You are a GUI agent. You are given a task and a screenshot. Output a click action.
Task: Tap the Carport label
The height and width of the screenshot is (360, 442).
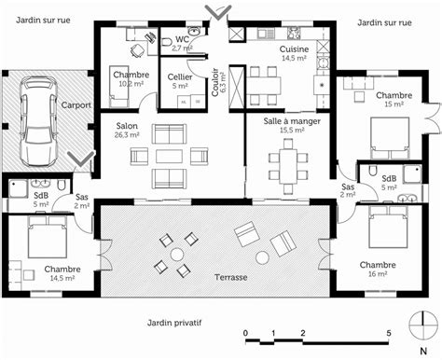coord(76,105)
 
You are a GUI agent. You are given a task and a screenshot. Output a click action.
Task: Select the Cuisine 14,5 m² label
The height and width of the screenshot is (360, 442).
coord(294,52)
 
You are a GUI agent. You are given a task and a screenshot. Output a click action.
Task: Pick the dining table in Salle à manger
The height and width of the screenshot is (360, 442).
coord(287,165)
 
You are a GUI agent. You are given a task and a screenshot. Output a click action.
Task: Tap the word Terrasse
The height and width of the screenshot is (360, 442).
coord(228,277)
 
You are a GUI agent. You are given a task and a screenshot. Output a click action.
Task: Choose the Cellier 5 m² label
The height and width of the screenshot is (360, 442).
coord(180,81)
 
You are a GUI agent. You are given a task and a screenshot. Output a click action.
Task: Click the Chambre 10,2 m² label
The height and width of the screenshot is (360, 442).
coord(131,77)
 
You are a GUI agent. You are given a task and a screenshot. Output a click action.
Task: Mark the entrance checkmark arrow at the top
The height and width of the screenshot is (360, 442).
coord(217,12)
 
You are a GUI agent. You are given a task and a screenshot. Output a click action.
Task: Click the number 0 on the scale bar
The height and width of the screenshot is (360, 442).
coord(244,333)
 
